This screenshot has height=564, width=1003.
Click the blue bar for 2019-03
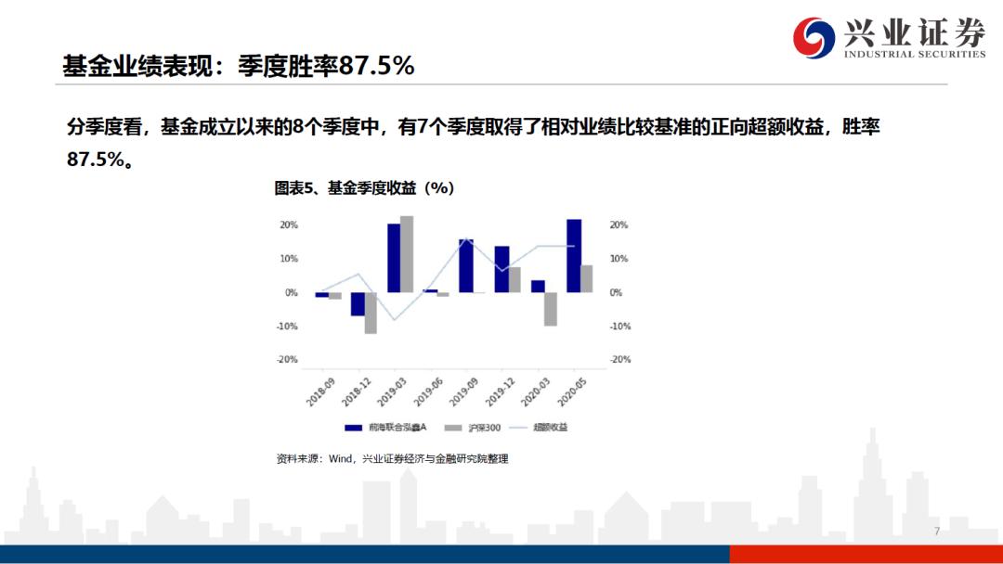click(394, 258)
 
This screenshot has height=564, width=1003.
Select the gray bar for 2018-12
click(371, 313)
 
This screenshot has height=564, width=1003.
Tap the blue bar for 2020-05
click(574, 256)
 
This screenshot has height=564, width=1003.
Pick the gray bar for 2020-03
click(551, 309)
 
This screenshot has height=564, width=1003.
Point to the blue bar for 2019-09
click(466, 266)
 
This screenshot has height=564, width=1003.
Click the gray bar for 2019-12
click(515, 280)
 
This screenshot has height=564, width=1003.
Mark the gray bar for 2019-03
click(407, 254)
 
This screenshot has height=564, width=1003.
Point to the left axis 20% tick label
click(288, 225)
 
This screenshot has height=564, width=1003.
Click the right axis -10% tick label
click(619, 327)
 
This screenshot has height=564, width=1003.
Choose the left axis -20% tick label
click(288, 360)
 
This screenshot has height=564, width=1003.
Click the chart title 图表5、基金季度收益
click(363, 188)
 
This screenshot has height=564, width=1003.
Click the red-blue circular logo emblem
click(814, 38)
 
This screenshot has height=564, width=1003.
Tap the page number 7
click(937, 532)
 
